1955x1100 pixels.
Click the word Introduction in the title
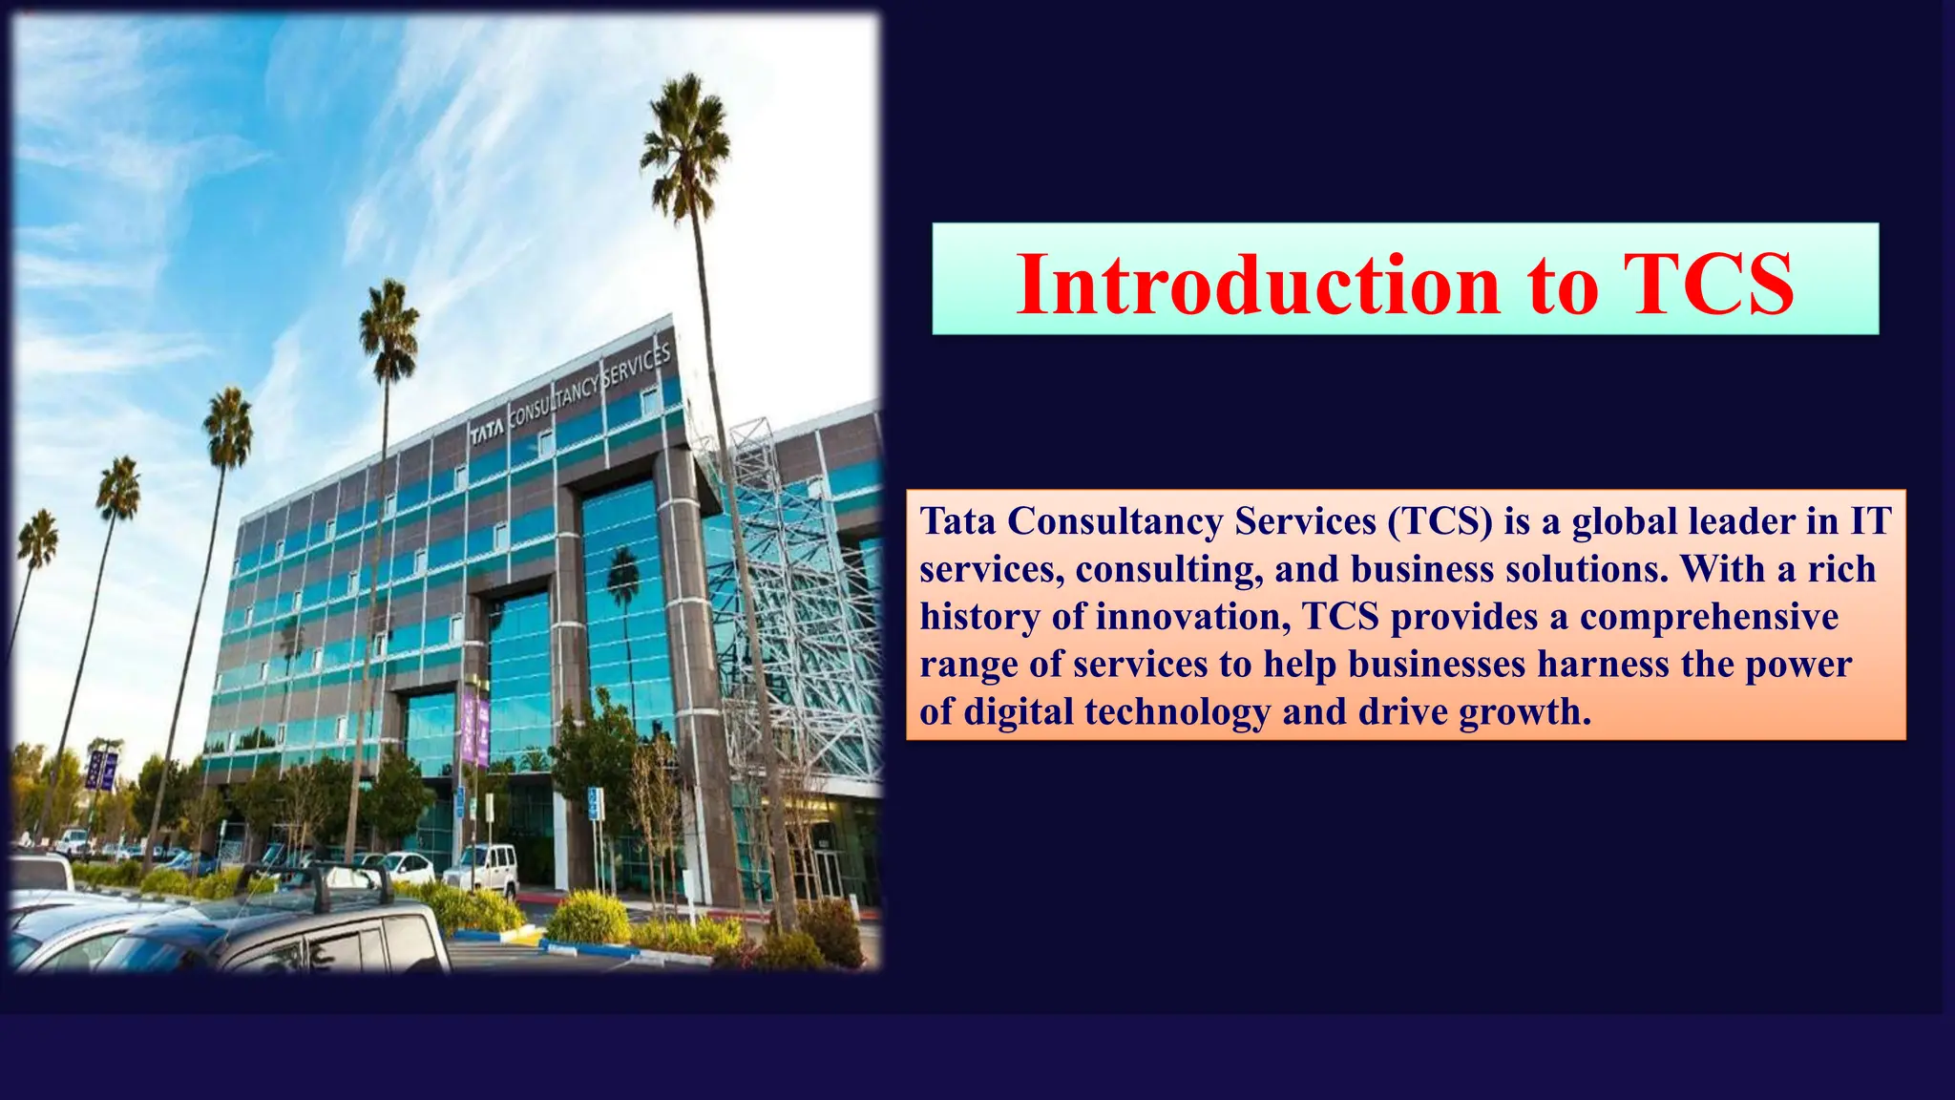click(1258, 284)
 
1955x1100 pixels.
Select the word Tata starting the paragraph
click(957, 521)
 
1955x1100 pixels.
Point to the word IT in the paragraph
click(1871, 521)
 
